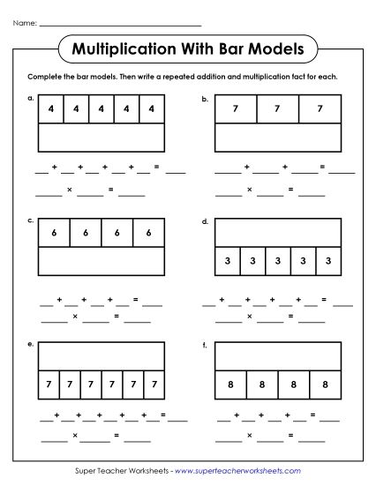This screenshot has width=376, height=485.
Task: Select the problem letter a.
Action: [x=30, y=99]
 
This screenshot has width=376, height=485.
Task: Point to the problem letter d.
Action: [x=205, y=220]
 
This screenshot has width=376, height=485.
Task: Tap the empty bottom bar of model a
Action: [x=102, y=139]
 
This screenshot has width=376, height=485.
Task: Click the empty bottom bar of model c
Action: [x=102, y=262]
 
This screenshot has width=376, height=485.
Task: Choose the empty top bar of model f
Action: [x=278, y=355]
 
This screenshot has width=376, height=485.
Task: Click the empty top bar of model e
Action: [x=102, y=355]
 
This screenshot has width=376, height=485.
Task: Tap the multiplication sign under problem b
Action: [x=250, y=189]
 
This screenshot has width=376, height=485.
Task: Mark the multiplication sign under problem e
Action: [x=75, y=435]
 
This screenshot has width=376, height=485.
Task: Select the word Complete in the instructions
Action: [x=46, y=77]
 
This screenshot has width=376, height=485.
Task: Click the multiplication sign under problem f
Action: [x=250, y=435]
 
